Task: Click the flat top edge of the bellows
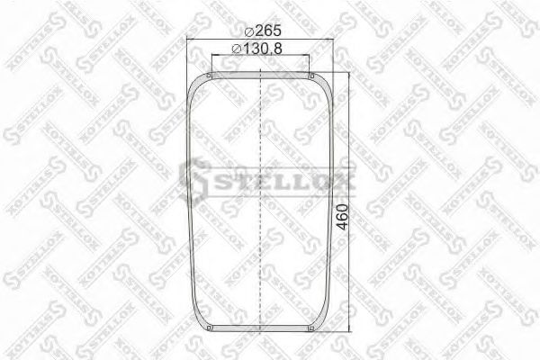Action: click(x=260, y=75)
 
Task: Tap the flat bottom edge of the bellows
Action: click(x=260, y=330)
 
